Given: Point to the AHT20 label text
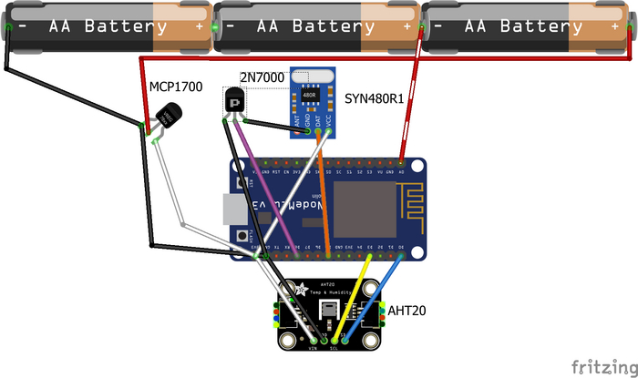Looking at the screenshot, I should tap(407, 311).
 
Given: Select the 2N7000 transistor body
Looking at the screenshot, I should tap(234, 101).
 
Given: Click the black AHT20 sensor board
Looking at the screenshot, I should tap(328, 314).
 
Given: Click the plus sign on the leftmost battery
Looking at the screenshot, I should tap(199, 27).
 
